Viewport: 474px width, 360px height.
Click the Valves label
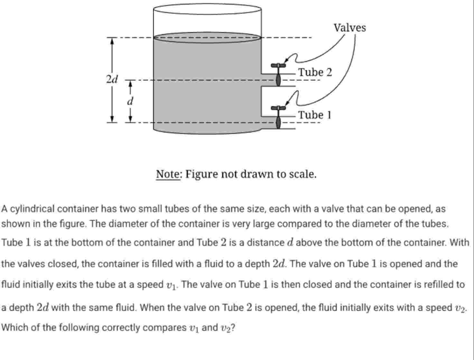[x=349, y=28]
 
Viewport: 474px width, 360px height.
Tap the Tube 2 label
[x=315, y=72]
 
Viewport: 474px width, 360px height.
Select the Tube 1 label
[x=315, y=115]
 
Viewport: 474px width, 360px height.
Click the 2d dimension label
[x=112, y=79]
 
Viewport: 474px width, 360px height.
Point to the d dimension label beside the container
[x=130, y=101]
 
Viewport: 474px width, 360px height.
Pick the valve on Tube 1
[x=278, y=116]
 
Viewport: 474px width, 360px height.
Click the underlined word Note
[x=169, y=174]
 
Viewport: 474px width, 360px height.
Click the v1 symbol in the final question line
[x=193, y=328]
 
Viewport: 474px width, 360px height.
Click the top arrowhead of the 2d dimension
[x=112, y=41]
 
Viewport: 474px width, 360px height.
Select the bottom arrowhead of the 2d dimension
[x=112, y=119]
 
